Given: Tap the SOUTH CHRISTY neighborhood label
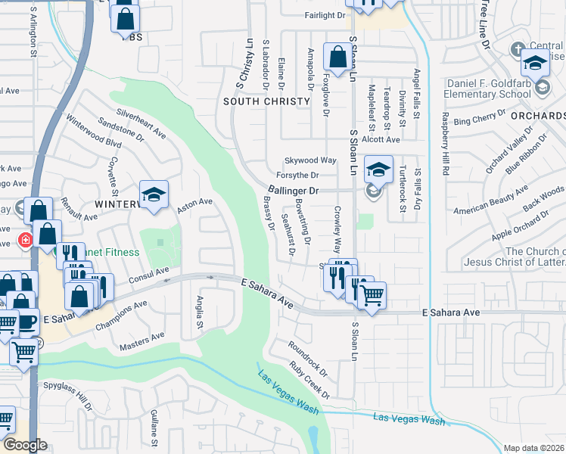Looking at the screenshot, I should [x=267, y=101].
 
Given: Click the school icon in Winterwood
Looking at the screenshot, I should [x=154, y=195].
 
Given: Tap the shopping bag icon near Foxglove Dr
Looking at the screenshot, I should [x=337, y=56].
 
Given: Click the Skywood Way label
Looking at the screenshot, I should [x=309, y=160].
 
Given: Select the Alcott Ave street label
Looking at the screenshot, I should [x=380, y=139].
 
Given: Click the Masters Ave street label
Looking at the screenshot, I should [x=141, y=341].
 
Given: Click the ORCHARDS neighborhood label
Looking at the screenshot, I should [x=537, y=116].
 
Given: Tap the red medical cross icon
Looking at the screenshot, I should [x=26, y=241].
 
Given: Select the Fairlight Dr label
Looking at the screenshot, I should [x=325, y=14].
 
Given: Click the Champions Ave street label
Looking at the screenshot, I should [x=121, y=316].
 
